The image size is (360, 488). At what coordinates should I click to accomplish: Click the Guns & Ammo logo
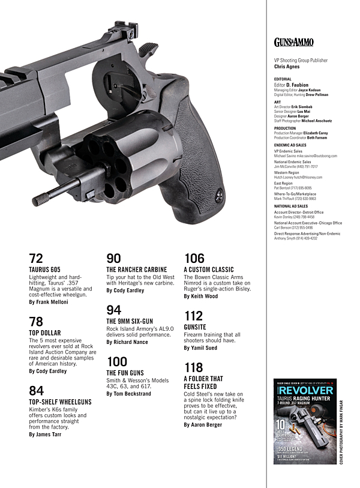click(293, 42)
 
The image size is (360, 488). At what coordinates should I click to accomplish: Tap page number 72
click(36, 259)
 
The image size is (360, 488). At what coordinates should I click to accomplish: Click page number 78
click(36, 321)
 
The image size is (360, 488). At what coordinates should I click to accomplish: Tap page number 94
click(113, 310)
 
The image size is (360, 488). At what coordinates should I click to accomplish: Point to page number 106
click(194, 259)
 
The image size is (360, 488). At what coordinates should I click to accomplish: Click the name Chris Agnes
click(287, 67)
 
